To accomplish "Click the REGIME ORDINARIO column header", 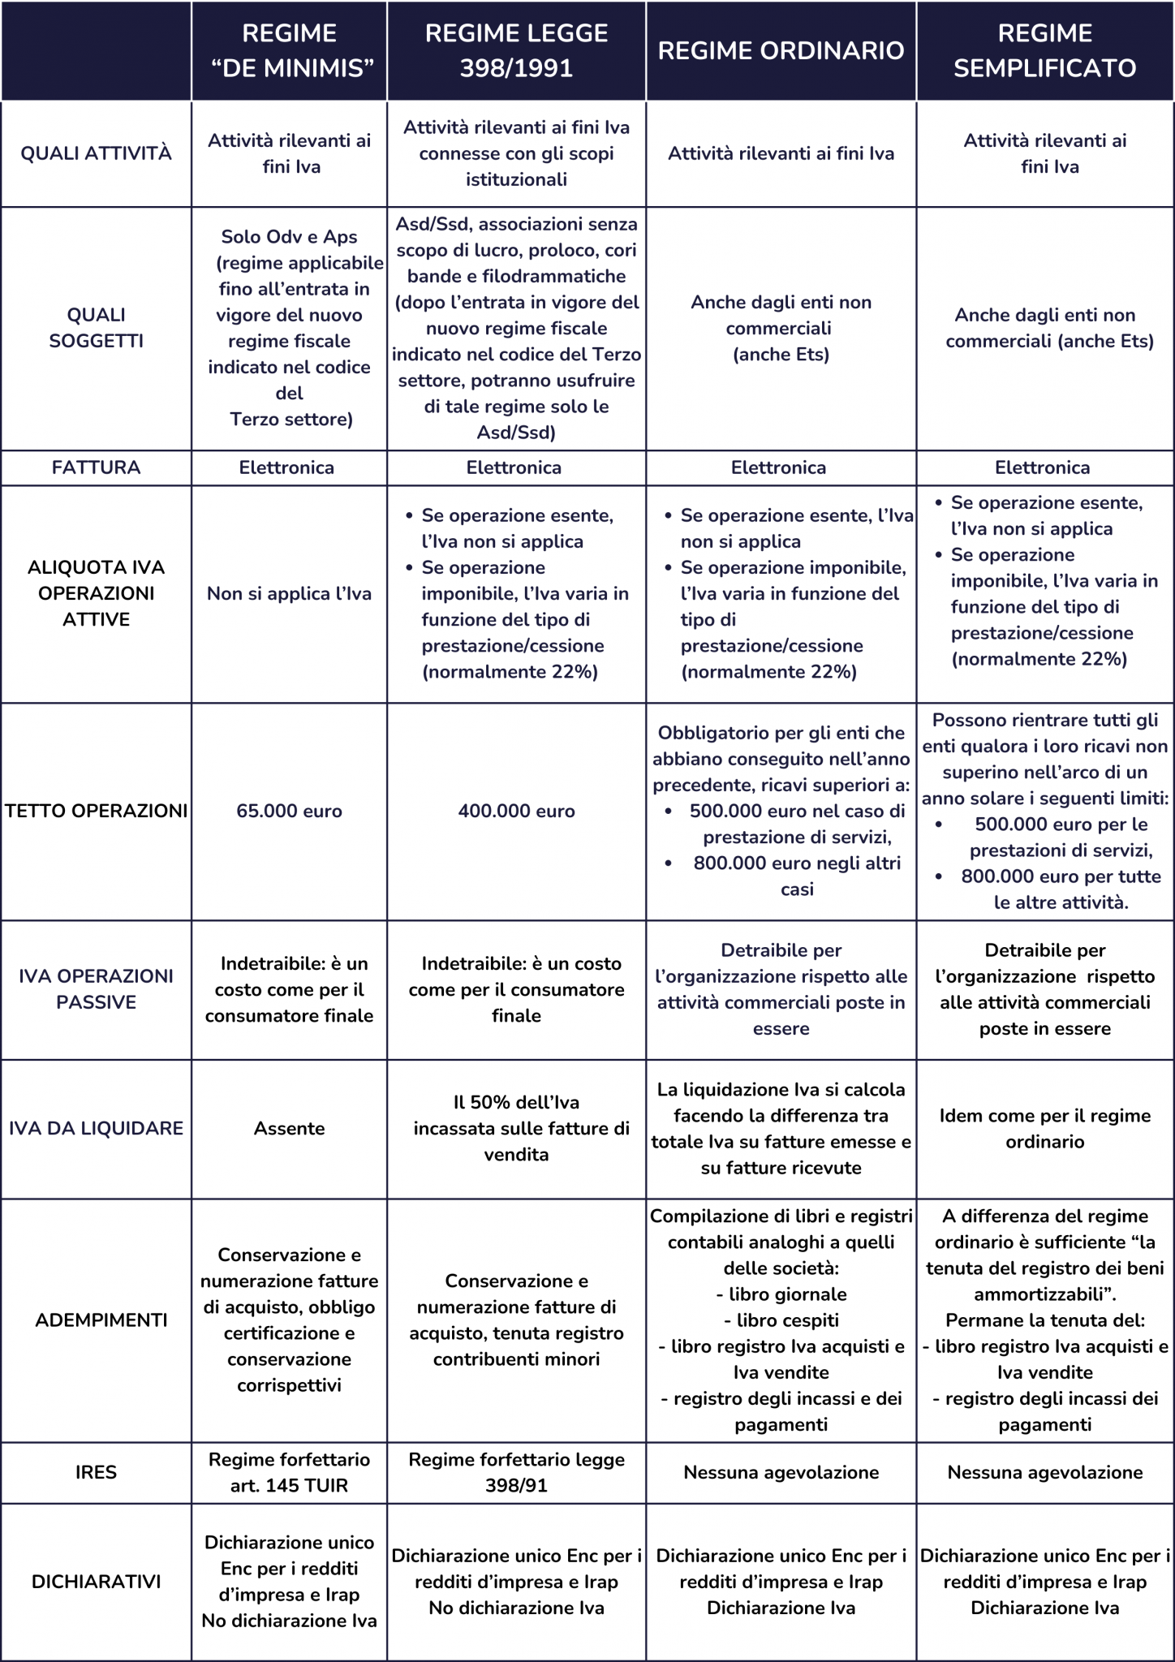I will pyautogui.click(x=781, y=50).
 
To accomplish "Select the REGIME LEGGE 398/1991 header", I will pyautogui.click(x=516, y=50).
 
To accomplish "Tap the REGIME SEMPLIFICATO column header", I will pyautogui.click(x=1044, y=50).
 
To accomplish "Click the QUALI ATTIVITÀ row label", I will pyautogui.click(x=96, y=153).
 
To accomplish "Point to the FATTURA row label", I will pyautogui.click(x=96, y=467).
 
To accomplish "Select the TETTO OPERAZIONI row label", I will pyautogui.click(x=96, y=811).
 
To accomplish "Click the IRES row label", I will pyautogui.click(x=96, y=1472).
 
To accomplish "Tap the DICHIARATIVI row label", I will pyautogui.click(x=96, y=1581).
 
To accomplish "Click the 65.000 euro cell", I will pyautogui.click(x=289, y=811).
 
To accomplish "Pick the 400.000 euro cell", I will pyautogui.click(x=516, y=811).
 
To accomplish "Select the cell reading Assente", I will pyautogui.click(x=289, y=1128).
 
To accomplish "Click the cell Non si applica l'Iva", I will pyautogui.click(x=289, y=593).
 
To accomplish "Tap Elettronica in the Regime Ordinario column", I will pyautogui.click(x=778, y=467).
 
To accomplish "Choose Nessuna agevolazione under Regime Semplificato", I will pyautogui.click(x=1044, y=1472).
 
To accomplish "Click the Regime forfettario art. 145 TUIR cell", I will pyautogui.click(x=289, y=1472).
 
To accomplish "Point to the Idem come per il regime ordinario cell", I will pyautogui.click(x=1044, y=1128).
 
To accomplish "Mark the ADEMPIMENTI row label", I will pyautogui.click(x=101, y=1320).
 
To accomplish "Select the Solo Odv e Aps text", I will pyautogui.click(x=289, y=237).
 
